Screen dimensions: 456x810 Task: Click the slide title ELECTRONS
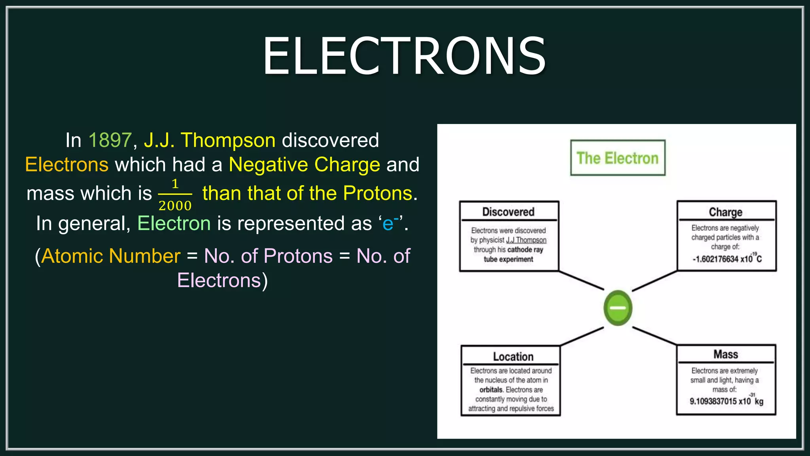(404, 56)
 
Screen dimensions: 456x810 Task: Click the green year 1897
(110, 140)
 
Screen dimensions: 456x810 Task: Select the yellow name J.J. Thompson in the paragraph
(210, 140)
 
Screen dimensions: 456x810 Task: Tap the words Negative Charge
(304, 165)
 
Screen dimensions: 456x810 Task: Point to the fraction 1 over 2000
(175, 195)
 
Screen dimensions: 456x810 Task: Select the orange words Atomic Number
(111, 256)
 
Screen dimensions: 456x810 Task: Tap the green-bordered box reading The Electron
(617, 158)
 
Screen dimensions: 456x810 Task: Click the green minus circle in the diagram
(618, 308)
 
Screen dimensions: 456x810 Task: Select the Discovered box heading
(508, 212)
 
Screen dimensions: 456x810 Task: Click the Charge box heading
(725, 212)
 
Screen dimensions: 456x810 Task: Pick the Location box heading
(513, 357)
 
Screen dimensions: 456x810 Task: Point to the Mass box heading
(725, 354)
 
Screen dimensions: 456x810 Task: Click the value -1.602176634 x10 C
(727, 259)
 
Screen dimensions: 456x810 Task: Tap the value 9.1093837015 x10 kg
(726, 401)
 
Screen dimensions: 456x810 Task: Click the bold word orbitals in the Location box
(491, 390)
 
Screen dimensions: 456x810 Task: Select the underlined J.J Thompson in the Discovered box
(526, 240)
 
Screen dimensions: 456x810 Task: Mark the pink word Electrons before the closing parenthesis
(219, 281)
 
